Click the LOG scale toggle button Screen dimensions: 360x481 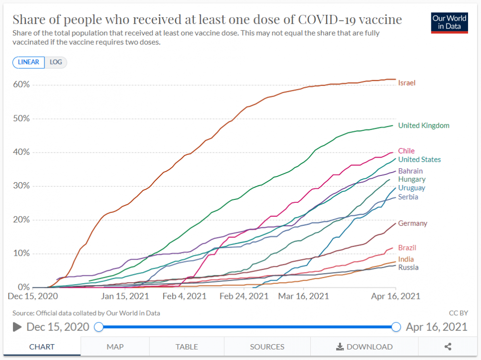point(56,62)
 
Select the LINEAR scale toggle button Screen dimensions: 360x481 point(29,62)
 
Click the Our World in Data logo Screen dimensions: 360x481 point(449,22)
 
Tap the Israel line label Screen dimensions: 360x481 point(406,83)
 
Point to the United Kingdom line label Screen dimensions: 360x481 point(423,125)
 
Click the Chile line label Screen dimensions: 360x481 point(406,151)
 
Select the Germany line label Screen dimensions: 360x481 point(412,223)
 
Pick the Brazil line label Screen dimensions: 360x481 point(407,248)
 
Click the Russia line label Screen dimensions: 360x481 point(408,267)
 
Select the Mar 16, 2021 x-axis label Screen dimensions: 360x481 point(304,296)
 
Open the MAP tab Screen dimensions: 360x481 point(115,347)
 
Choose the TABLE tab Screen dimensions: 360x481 point(187,347)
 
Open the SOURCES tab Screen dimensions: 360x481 point(267,347)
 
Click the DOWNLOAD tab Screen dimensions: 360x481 point(364,347)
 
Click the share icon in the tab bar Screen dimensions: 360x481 point(448,347)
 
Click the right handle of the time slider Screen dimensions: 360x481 point(396,327)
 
